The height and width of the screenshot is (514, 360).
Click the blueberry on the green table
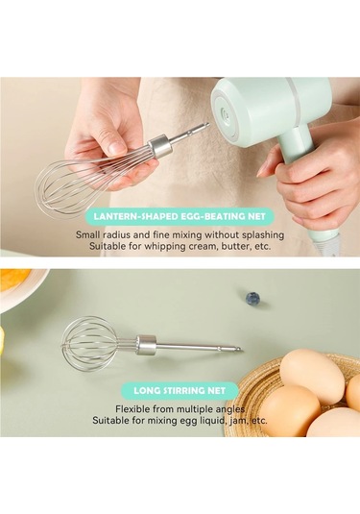[x=252, y=298]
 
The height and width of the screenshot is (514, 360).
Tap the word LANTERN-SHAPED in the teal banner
[x=136, y=217]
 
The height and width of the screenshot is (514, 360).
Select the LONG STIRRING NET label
[x=180, y=391]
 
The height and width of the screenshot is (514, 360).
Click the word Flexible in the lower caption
[x=134, y=409]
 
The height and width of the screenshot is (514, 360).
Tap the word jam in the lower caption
[x=235, y=420]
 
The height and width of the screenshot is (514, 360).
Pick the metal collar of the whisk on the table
[x=147, y=345]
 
